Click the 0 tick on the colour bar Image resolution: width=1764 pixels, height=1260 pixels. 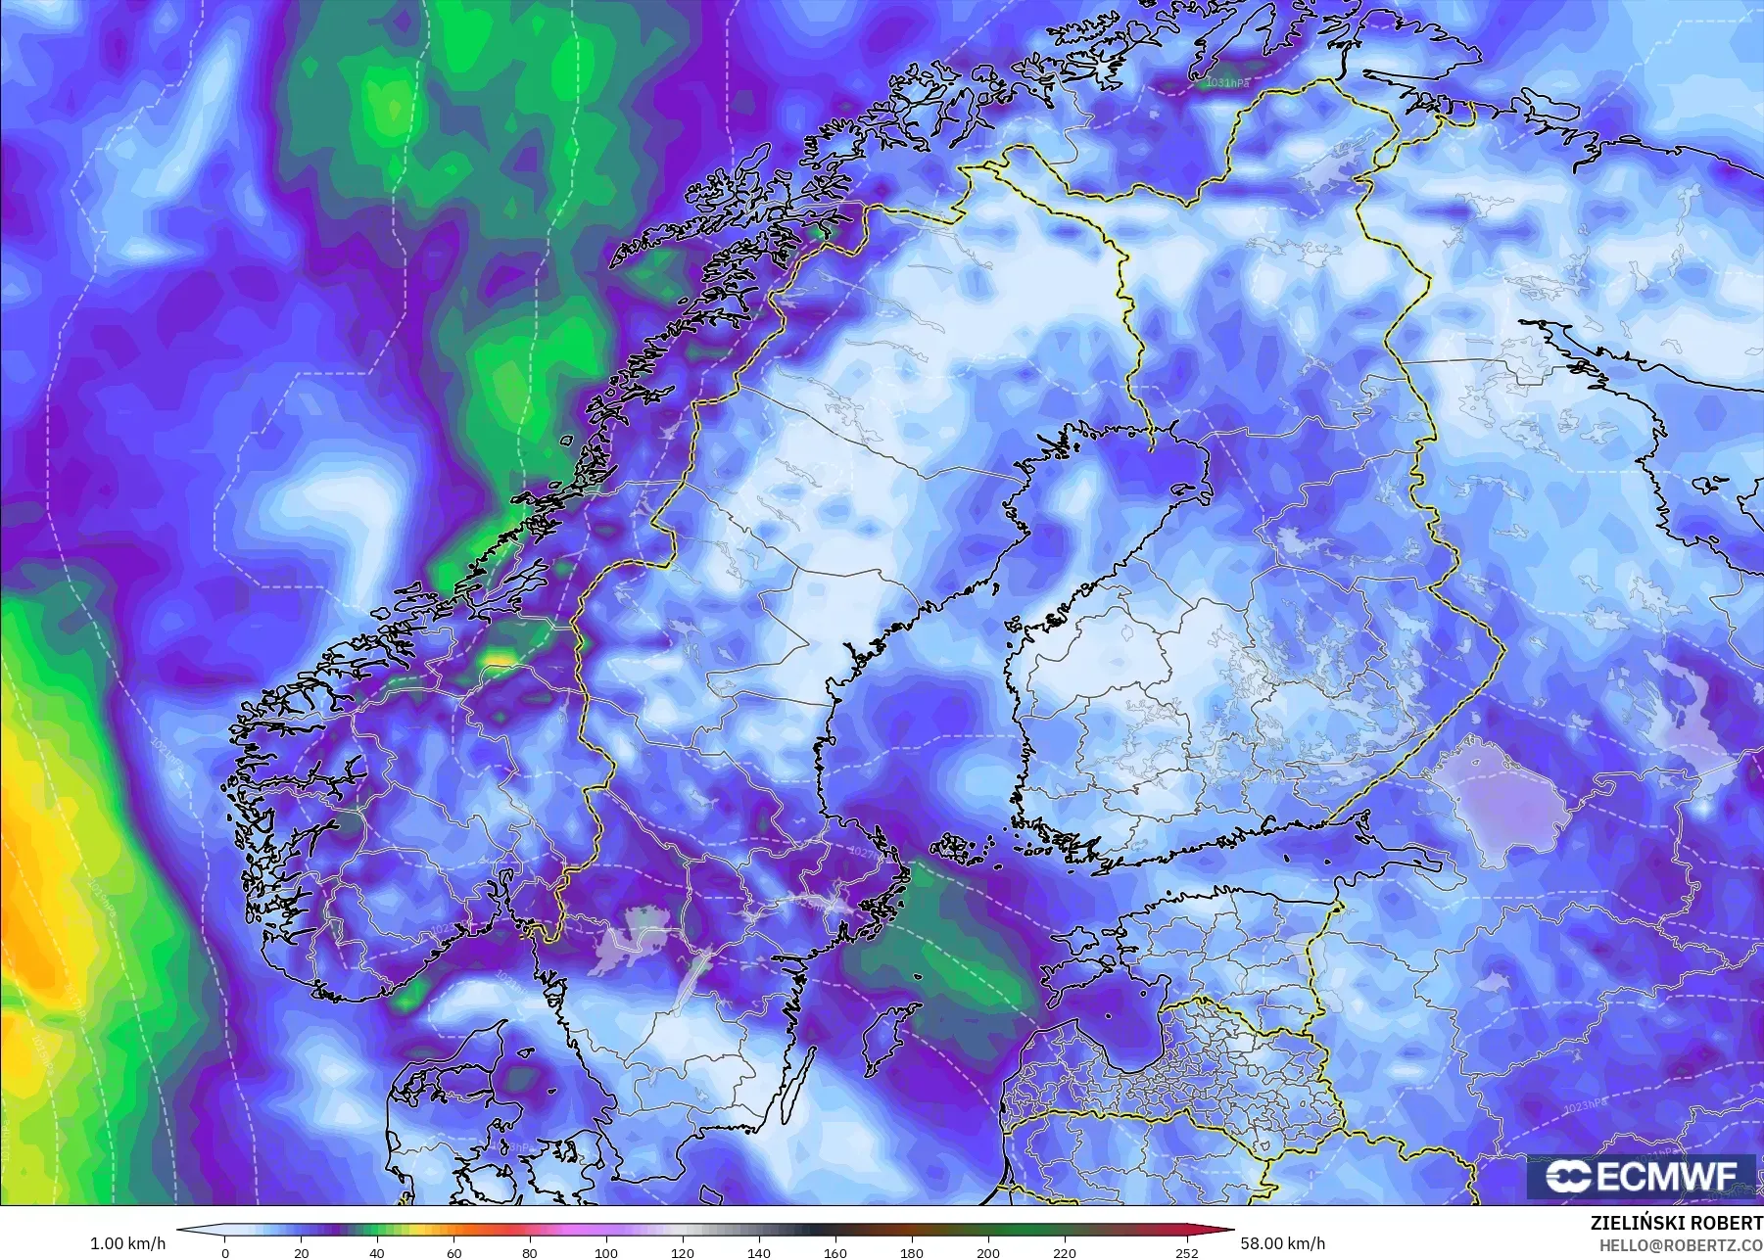point(225,1252)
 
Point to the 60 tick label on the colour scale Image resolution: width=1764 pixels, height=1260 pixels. point(453,1252)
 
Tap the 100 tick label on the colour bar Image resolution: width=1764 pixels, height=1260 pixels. point(606,1252)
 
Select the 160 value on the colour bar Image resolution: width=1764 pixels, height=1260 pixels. point(834,1252)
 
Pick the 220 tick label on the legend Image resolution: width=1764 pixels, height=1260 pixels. point(1064,1252)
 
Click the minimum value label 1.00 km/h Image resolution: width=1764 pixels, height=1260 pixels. point(127,1243)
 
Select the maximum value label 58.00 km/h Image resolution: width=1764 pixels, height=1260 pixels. point(1282,1243)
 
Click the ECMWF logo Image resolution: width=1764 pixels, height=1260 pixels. point(1640,1177)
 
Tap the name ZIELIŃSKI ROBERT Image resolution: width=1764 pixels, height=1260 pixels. point(1677,1224)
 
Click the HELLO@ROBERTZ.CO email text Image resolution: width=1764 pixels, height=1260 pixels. point(1681,1245)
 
